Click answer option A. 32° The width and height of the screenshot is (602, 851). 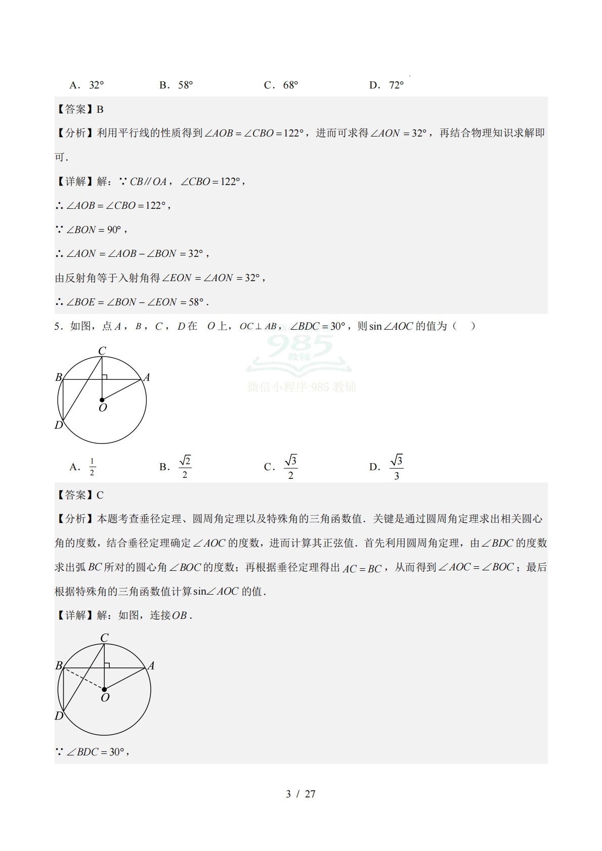pos(87,85)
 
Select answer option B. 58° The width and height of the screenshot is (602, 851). pos(177,85)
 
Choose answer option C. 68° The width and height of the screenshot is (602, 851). pos(281,85)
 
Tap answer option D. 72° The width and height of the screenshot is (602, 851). pos(386,85)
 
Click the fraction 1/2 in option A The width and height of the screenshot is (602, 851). pos(92,467)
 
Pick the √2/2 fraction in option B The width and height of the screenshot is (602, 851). pos(185,467)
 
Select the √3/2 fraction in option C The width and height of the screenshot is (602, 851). pos(290,467)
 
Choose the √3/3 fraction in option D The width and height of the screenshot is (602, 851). pos(396,467)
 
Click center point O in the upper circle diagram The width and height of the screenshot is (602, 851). pos(102,400)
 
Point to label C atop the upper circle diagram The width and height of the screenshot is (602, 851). pos(102,350)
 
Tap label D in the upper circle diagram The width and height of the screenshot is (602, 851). pos(59,425)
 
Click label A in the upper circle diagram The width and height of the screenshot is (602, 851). pos(147,377)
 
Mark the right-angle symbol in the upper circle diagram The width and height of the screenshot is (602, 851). pos(104,377)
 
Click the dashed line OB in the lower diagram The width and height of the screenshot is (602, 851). pos(83,679)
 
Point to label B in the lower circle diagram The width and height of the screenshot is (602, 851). pos(59,665)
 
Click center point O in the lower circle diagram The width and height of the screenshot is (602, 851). pos(104,689)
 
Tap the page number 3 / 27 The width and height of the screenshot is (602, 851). pos(300,794)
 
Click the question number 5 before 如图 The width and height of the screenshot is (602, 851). pos(57,327)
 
